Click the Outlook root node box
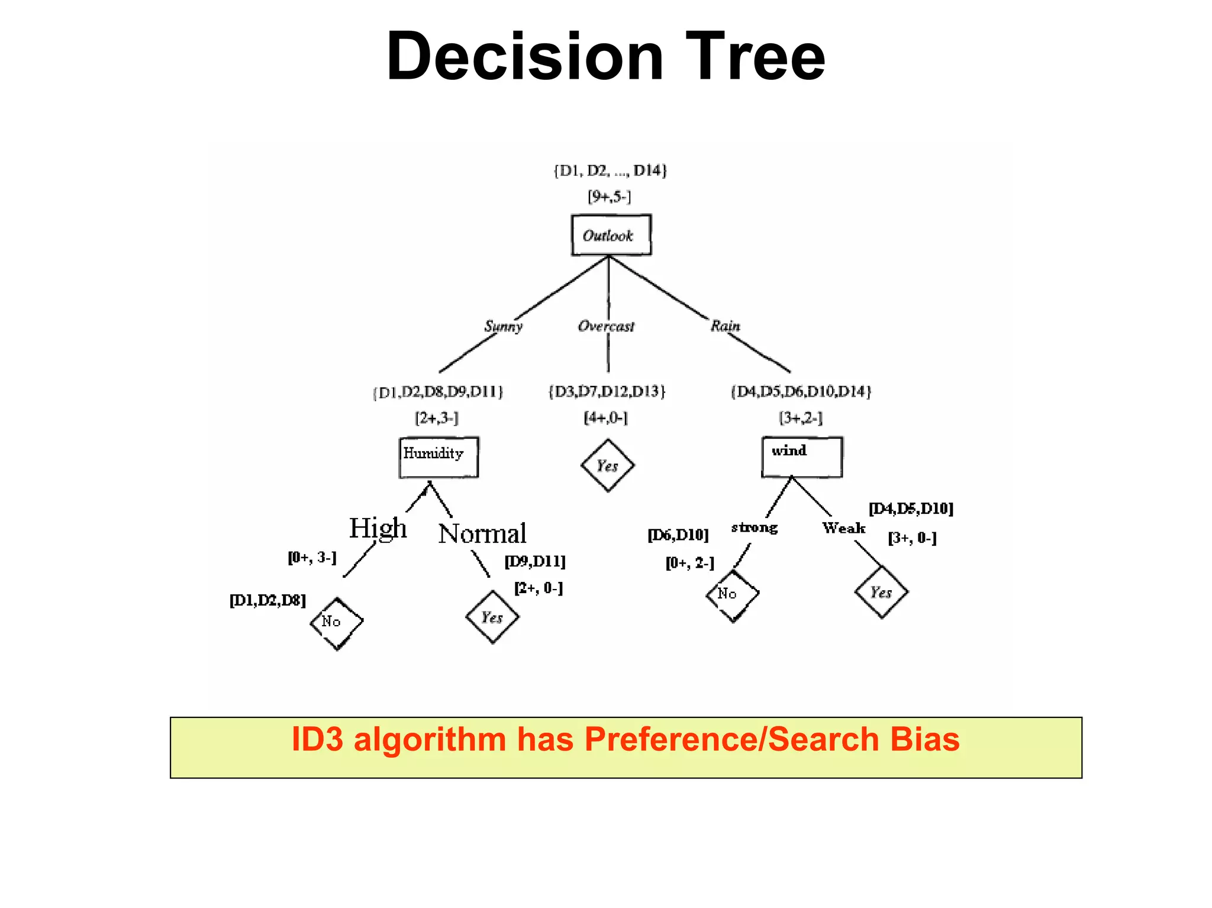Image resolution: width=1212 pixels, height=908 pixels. coord(611,235)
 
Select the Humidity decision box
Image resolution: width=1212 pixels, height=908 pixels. coord(439,457)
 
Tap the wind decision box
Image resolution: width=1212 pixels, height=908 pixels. coord(802,456)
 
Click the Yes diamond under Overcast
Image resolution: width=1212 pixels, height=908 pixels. coord(607,465)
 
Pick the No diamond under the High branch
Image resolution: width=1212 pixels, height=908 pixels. coord(336,623)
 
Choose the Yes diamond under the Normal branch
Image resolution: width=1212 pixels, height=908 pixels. coord(492,617)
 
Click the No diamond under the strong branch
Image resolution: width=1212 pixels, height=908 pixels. coord(732,594)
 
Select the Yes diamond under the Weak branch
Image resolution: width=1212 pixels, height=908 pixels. coord(881,592)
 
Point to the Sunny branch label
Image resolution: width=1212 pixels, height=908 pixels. coord(503,326)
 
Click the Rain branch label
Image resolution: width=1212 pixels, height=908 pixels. coord(725,326)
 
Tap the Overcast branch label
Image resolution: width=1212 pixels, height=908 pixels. coord(605,326)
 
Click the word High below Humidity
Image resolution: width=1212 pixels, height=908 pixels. coord(378,528)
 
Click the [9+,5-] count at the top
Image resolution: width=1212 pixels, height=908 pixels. coord(609,197)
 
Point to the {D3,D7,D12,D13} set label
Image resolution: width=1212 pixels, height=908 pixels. coord(607,391)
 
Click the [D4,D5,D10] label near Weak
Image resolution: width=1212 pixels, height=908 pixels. coord(910,508)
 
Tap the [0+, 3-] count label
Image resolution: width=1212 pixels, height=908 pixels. coord(312,558)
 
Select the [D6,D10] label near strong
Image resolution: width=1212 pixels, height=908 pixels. coord(678,535)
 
